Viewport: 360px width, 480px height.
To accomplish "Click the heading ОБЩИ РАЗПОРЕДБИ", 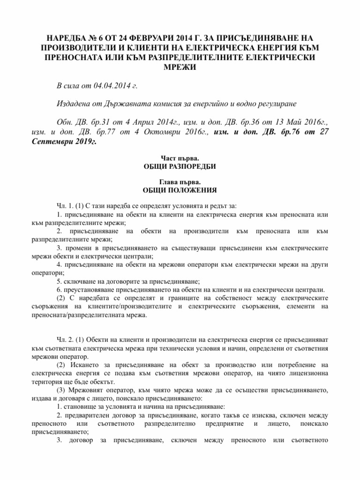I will pos(180,167).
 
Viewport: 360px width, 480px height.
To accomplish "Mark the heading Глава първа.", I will pos(180,183).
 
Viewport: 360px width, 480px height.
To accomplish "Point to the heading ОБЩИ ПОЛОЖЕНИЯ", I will pos(180,191).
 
